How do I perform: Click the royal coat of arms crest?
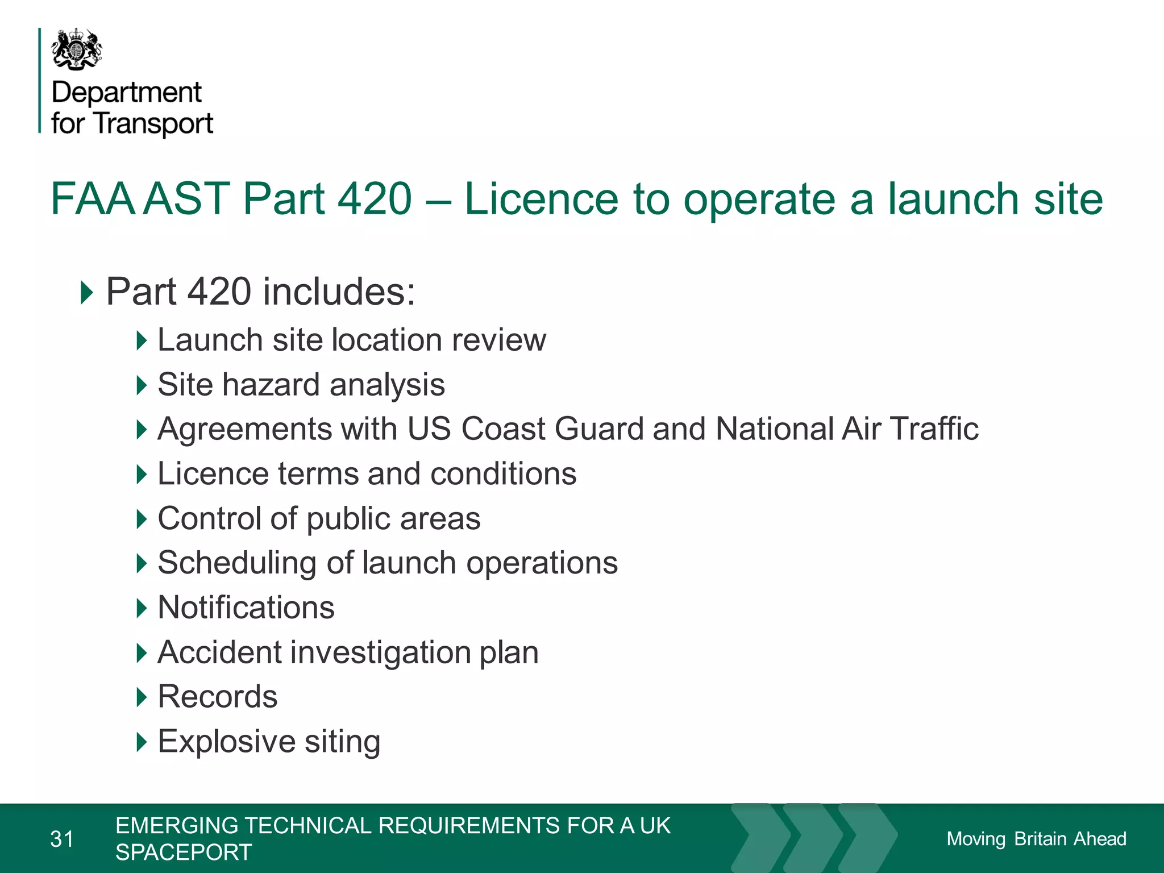(77, 50)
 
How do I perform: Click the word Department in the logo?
(126, 93)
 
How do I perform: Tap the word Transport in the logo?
(153, 124)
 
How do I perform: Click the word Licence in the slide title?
(541, 199)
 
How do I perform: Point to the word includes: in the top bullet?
(339, 292)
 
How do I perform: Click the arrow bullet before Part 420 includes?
(86, 292)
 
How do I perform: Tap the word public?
(348, 519)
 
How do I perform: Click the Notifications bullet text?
(246, 608)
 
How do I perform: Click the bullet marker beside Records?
(142, 697)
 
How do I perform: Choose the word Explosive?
(226, 741)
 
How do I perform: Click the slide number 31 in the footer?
(62, 839)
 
